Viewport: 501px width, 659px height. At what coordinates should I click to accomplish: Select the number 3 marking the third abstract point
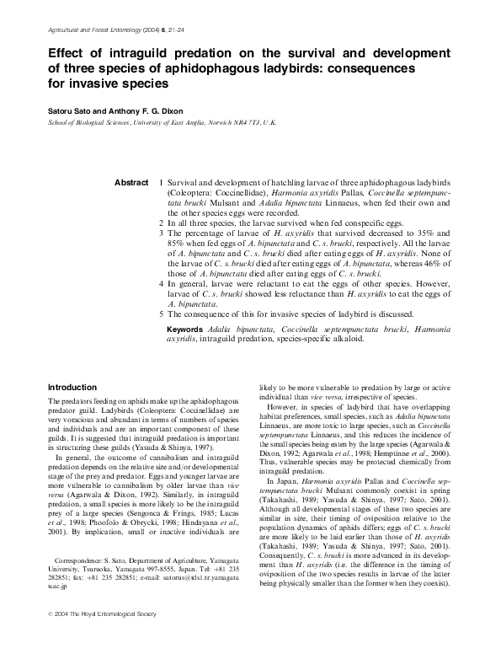(161, 231)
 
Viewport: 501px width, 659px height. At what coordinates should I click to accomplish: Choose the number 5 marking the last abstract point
(161, 313)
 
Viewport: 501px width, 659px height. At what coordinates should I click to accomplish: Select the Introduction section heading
(74, 387)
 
